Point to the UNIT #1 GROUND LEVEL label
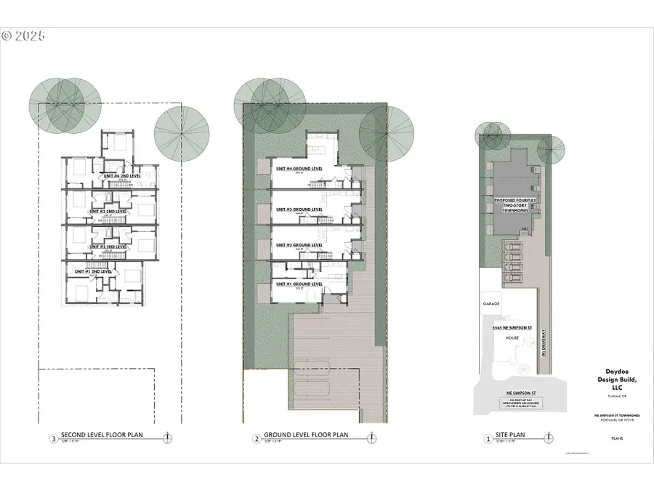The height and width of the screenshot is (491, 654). pyautogui.click(x=299, y=284)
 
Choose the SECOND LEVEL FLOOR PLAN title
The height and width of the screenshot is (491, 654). pyautogui.click(x=102, y=436)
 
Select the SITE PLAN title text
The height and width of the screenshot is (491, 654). pyautogui.click(x=512, y=439)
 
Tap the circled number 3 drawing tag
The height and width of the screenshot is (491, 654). pyautogui.click(x=52, y=439)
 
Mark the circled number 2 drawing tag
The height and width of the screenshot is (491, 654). pyautogui.click(x=256, y=439)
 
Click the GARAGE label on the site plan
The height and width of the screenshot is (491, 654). pyautogui.click(x=490, y=302)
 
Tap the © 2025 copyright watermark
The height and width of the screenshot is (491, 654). pyautogui.click(x=23, y=35)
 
